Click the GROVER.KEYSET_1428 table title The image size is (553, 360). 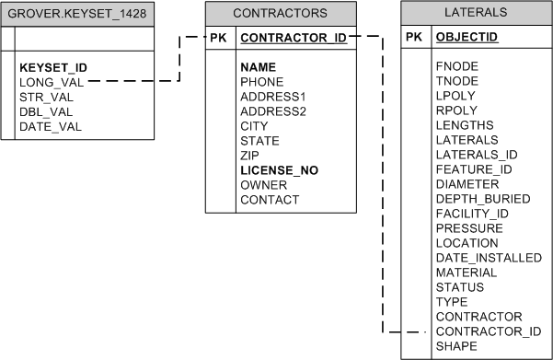click(x=77, y=14)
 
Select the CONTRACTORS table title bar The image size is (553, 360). click(x=280, y=14)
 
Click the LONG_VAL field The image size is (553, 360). click(x=52, y=82)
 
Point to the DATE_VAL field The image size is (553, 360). click(x=51, y=126)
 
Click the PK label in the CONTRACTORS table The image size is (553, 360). click(x=218, y=39)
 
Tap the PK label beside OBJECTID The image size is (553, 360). click(x=414, y=37)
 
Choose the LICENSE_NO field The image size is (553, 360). click(x=280, y=170)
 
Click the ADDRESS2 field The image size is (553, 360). click(x=273, y=111)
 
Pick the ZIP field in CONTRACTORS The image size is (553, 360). click(x=251, y=156)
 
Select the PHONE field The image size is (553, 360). click(x=262, y=82)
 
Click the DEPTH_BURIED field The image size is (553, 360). click(x=483, y=199)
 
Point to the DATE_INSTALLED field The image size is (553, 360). click(x=489, y=258)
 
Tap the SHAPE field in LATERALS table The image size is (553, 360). click(x=456, y=346)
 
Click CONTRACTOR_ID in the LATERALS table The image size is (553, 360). click(x=489, y=331)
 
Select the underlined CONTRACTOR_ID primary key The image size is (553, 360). click(x=293, y=39)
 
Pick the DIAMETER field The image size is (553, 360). click(x=467, y=184)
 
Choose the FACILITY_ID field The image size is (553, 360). click(x=472, y=214)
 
